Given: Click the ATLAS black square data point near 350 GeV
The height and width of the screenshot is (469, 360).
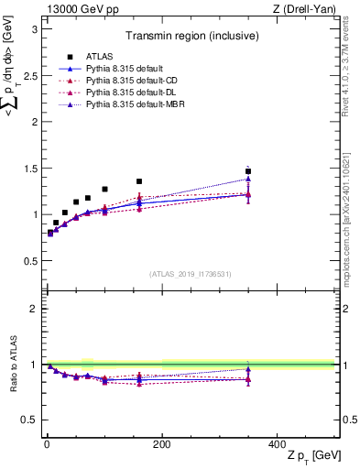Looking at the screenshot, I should coord(248,171).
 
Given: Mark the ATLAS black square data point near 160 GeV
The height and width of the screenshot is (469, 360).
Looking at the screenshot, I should coord(139,181).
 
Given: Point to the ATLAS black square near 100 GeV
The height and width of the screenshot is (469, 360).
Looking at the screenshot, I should coord(104,189).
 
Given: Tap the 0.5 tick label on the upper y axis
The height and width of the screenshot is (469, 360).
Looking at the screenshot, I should coord(30,261).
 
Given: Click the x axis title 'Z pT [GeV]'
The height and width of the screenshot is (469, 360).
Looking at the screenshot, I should coord(308,456).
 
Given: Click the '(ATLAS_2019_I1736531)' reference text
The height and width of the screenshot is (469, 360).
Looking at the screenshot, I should coord(191,274).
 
